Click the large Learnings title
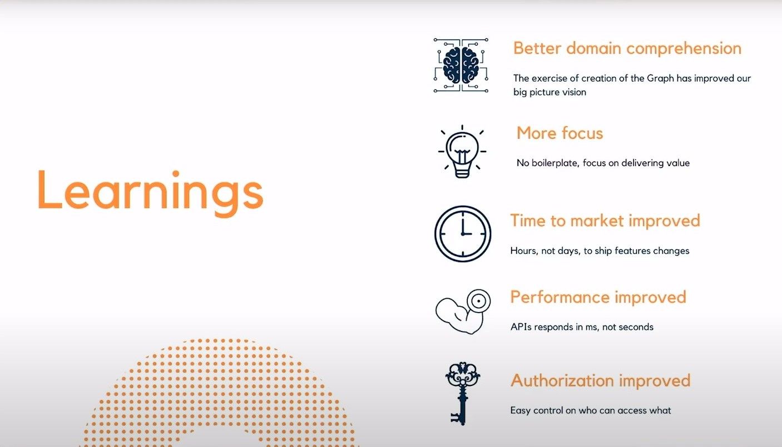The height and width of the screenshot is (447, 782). click(150, 193)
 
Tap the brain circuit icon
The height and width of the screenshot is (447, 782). click(461, 65)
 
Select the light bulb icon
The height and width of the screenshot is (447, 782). click(462, 152)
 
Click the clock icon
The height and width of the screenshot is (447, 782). click(463, 234)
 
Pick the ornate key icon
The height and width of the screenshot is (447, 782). click(463, 393)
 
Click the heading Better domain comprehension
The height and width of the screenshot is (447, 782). click(627, 48)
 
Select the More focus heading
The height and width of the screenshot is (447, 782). click(560, 133)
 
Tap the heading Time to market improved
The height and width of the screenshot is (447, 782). click(605, 221)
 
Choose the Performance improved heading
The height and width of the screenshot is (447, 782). click(598, 297)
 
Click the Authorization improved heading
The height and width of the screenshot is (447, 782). click(601, 380)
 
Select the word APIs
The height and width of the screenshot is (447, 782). click(521, 327)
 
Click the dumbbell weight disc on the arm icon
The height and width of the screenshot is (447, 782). click(479, 301)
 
